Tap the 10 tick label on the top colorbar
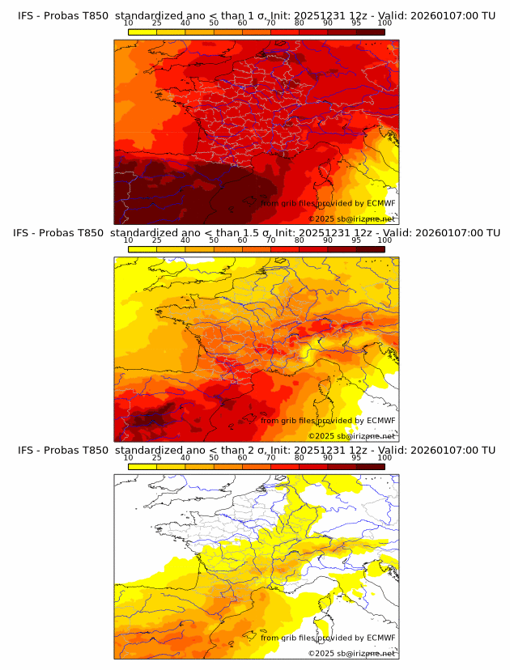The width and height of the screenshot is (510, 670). point(129,23)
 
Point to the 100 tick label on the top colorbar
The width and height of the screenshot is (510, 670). point(385,23)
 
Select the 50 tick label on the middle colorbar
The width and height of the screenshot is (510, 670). point(214,240)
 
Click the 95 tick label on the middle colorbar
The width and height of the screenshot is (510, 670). point(356,240)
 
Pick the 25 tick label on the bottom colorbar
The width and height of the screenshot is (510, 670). point(157,458)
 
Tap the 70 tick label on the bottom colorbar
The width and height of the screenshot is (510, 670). point(271,458)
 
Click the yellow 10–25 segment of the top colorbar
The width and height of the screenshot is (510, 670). point(142,31)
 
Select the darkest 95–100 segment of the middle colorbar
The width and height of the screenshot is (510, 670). point(370,248)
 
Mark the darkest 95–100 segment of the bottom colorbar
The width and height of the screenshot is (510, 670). point(370,466)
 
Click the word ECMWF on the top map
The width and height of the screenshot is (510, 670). point(380,203)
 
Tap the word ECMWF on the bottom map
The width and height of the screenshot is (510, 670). point(380,638)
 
